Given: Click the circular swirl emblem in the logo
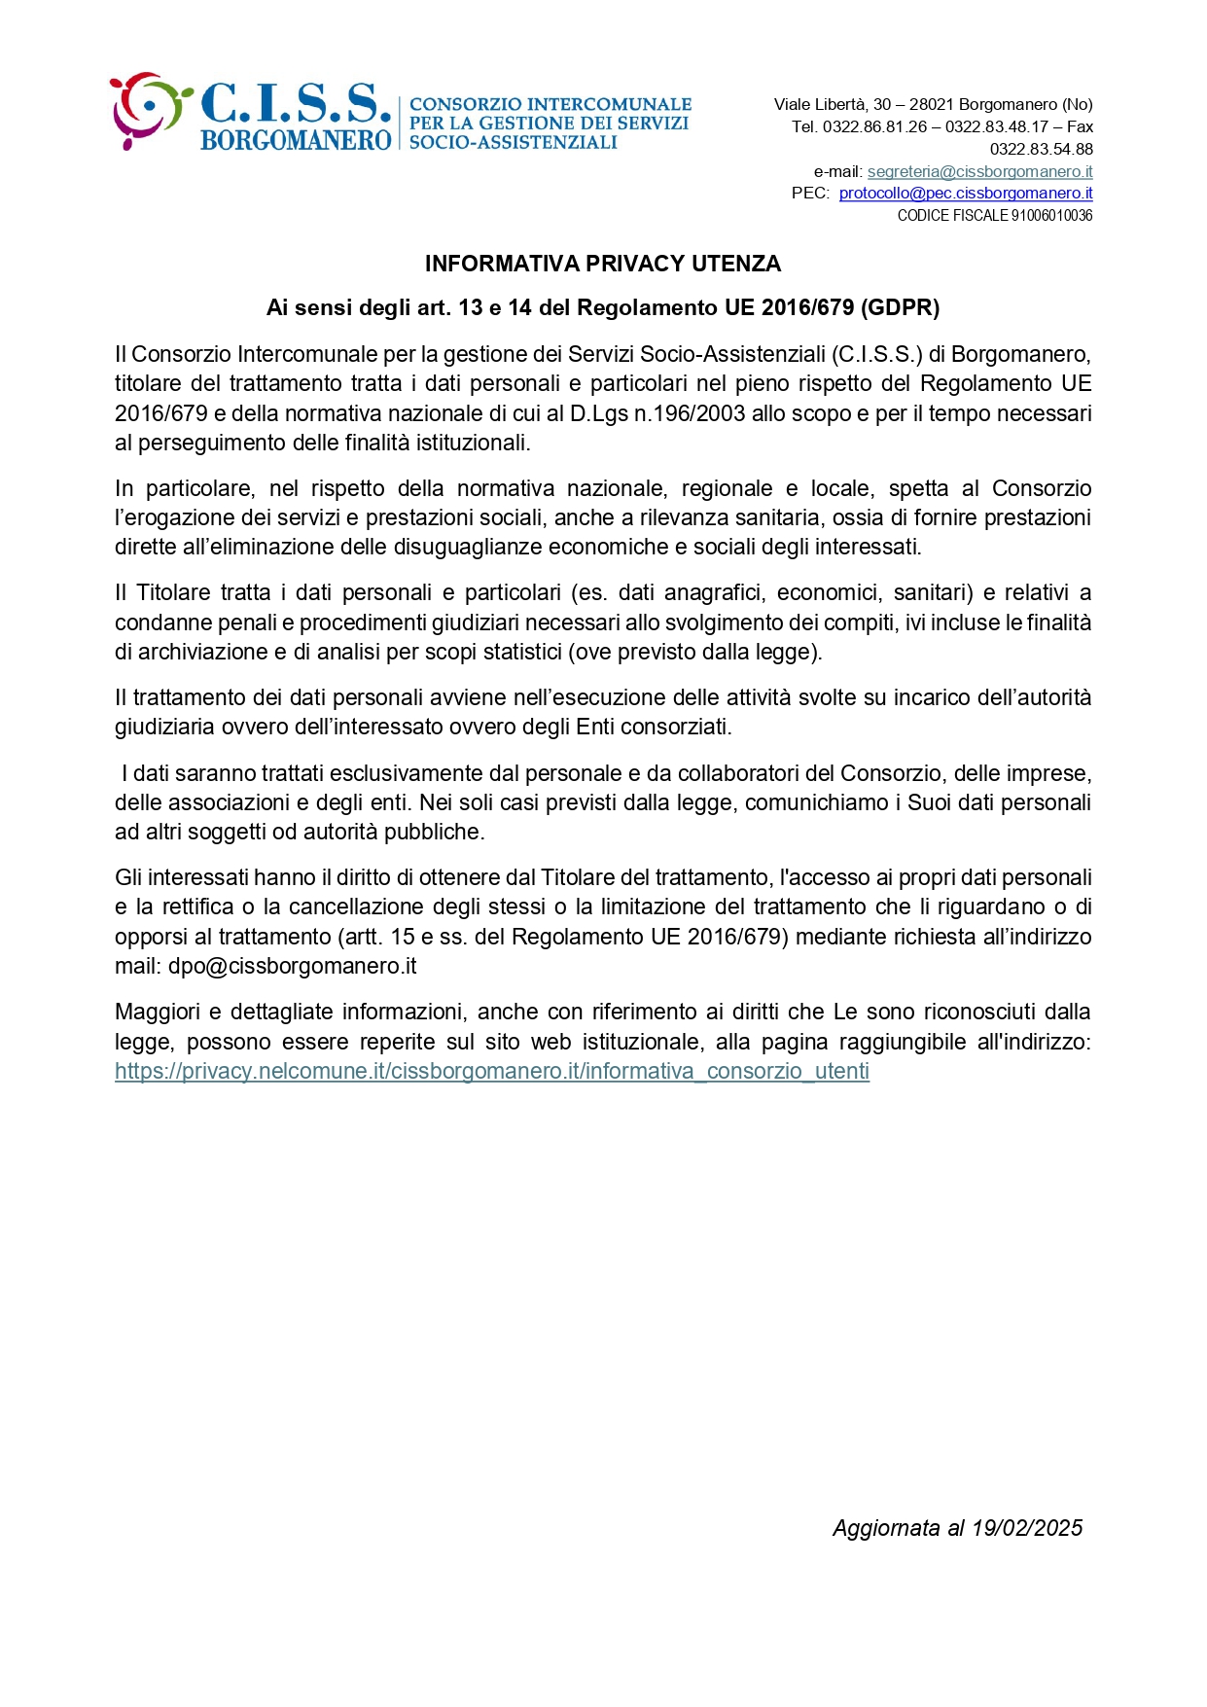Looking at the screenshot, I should [x=146, y=109].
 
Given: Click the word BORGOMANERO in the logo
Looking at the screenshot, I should [x=296, y=140].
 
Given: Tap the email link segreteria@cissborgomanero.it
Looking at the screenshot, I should [x=979, y=171].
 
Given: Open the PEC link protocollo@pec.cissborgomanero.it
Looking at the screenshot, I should [x=966, y=193].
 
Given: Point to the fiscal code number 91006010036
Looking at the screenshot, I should [x=1051, y=215].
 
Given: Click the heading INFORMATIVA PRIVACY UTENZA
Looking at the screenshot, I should [x=603, y=264].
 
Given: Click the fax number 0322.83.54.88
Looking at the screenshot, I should [x=1041, y=149].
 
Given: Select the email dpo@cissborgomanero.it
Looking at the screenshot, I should [x=292, y=966].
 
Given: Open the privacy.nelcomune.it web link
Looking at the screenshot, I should [x=492, y=1071].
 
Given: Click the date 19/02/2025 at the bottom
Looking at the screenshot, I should [x=1027, y=1528].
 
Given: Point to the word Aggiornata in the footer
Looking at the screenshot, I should [x=886, y=1528].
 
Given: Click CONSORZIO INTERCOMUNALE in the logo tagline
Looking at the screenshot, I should [x=550, y=104].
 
